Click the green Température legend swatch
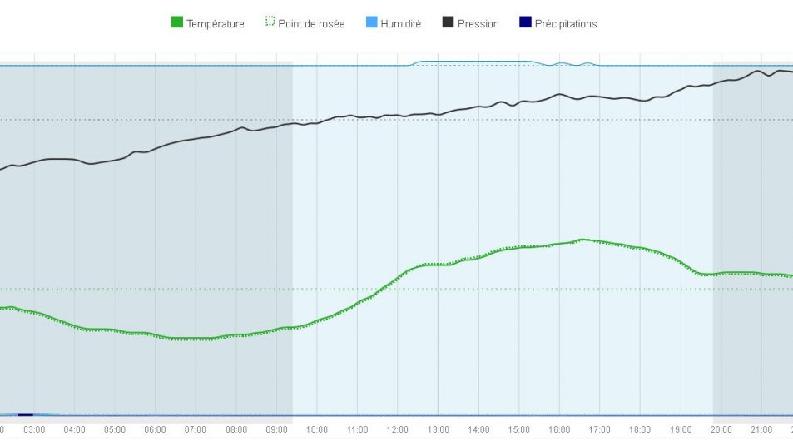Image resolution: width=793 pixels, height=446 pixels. [x=176, y=22]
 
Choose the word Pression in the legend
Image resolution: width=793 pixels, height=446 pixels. [x=478, y=24]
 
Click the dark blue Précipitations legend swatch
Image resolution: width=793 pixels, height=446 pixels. [x=525, y=22]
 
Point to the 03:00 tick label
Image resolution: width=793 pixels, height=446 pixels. [x=34, y=429]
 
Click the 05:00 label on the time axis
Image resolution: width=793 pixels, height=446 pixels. [x=115, y=429]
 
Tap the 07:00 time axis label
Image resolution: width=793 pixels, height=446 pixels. [x=196, y=429]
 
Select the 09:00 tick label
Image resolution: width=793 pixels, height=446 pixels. [x=276, y=429]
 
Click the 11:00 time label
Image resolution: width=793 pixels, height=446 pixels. [x=357, y=429]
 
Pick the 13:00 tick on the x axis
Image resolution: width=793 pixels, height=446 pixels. [x=438, y=429]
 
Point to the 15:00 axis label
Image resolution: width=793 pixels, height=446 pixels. [x=518, y=429]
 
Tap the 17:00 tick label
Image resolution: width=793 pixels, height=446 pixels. [x=599, y=429]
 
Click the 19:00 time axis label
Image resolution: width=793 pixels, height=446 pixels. [x=680, y=429]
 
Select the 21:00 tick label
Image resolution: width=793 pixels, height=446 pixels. [x=761, y=429]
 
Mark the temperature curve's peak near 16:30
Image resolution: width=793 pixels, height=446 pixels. [x=582, y=240]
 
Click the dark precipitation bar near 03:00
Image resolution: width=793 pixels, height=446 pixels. [x=25, y=414]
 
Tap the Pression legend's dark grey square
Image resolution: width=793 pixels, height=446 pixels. [x=448, y=22]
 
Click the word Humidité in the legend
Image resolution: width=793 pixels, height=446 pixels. [x=400, y=24]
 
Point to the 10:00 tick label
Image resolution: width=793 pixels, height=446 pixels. [x=316, y=429]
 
